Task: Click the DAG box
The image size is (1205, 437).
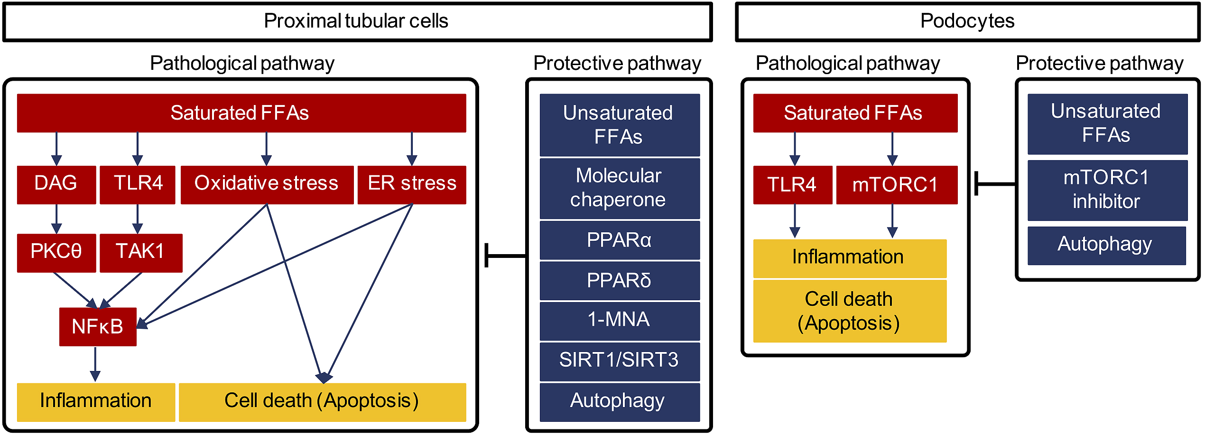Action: [56, 185]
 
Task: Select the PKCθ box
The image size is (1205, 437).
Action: [56, 253]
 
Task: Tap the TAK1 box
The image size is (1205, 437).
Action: [141, 253]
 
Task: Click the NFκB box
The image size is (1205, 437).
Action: [98, 327]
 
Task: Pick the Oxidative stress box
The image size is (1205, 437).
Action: [267, 185]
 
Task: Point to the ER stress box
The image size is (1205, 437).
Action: [412, 185]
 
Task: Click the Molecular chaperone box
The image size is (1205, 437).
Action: [620, 189]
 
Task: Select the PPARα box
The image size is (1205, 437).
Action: [620, 240]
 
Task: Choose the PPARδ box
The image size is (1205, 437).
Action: [620, 281]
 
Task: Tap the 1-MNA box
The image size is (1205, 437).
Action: [620, 321]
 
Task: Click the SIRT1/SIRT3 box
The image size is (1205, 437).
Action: [620, 361]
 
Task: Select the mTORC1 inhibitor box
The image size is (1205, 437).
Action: [1107, 190]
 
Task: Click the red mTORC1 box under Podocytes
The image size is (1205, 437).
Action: [897, 185]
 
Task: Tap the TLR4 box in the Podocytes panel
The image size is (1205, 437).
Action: [793, 185]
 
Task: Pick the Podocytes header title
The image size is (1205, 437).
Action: [967, 21]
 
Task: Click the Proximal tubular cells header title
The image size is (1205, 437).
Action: [356, 21]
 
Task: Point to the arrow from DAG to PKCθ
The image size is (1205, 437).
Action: [56, 219]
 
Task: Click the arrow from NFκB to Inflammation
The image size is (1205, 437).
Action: [95, 364]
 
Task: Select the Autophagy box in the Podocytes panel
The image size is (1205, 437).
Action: [1107, 246]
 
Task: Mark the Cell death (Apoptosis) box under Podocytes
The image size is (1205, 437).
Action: [850, 311]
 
